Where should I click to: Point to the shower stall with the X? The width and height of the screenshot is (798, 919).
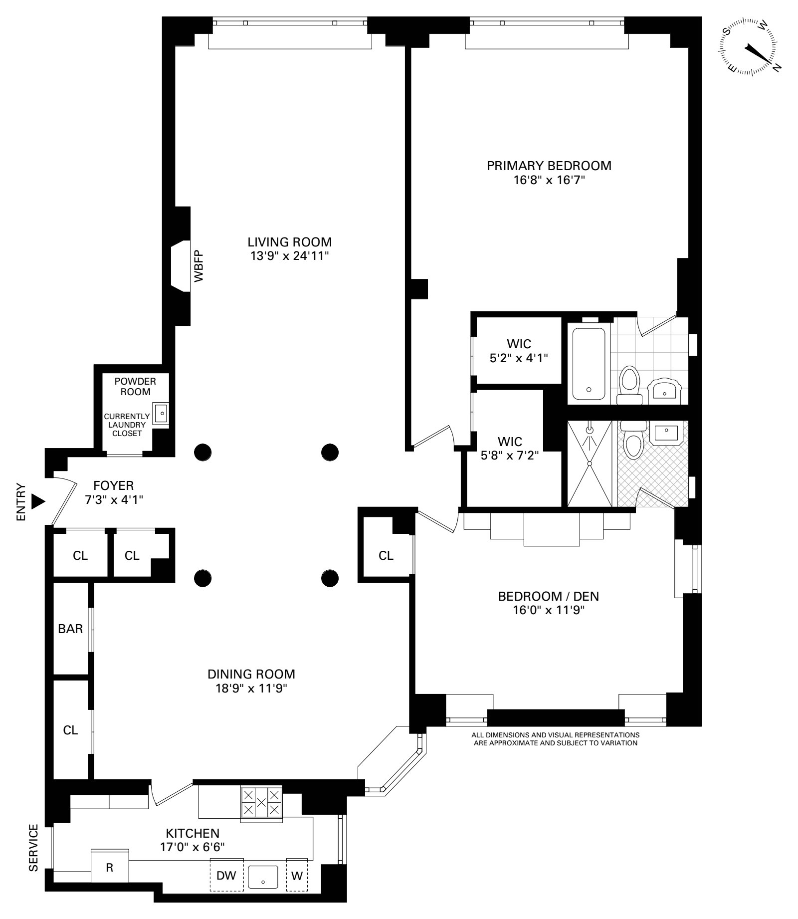[589, 464]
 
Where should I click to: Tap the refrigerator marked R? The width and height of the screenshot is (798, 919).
[110, 882]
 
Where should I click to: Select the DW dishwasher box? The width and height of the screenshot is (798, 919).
[226, 888]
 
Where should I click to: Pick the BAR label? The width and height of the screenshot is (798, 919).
[70, 629]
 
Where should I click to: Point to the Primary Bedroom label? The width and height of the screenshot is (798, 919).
[549, 166]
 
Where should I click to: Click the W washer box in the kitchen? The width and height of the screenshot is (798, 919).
[297, 888]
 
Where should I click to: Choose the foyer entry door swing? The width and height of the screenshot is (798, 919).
[64, 501]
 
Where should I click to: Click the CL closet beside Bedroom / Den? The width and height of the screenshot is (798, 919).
[386, 555]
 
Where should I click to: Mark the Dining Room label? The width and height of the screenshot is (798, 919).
[251, 674]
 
